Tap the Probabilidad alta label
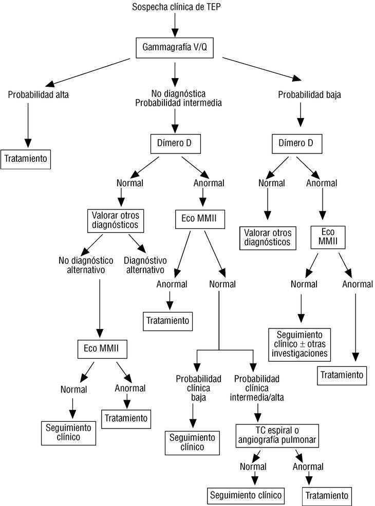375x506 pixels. point(38,94)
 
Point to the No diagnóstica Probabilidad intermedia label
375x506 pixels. point(178,98)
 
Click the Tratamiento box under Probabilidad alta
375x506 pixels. point(26,159)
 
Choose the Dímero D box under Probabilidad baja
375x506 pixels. point(296,144)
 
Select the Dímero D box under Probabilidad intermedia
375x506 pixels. point(174,144)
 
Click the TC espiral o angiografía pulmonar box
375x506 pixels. point(277,435)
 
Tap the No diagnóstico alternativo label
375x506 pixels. point(82,265)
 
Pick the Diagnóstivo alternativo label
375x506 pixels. point(144,265)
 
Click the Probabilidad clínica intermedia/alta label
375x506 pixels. point(257,387)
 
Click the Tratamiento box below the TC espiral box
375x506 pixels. point(327,496)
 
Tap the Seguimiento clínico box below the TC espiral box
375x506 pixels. point(246,495)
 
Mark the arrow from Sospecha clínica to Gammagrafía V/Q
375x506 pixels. point(175,24)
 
